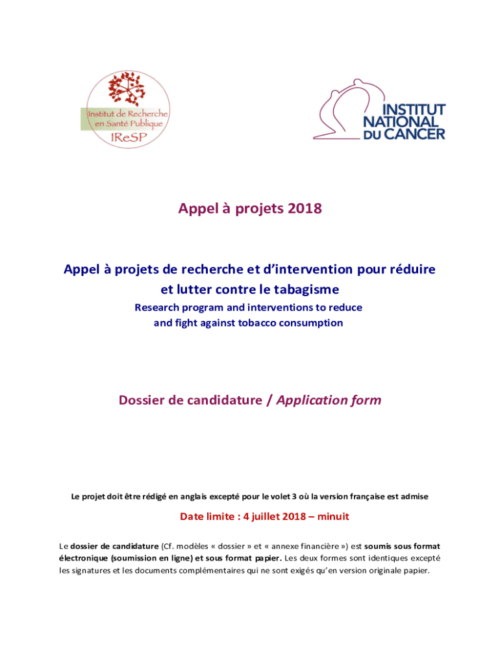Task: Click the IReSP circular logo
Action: (127, 110)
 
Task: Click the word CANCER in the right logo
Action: (414, 134)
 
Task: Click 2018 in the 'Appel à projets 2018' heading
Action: (304, 208)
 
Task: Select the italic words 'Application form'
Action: (329, 400)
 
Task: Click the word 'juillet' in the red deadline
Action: (268, 517)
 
